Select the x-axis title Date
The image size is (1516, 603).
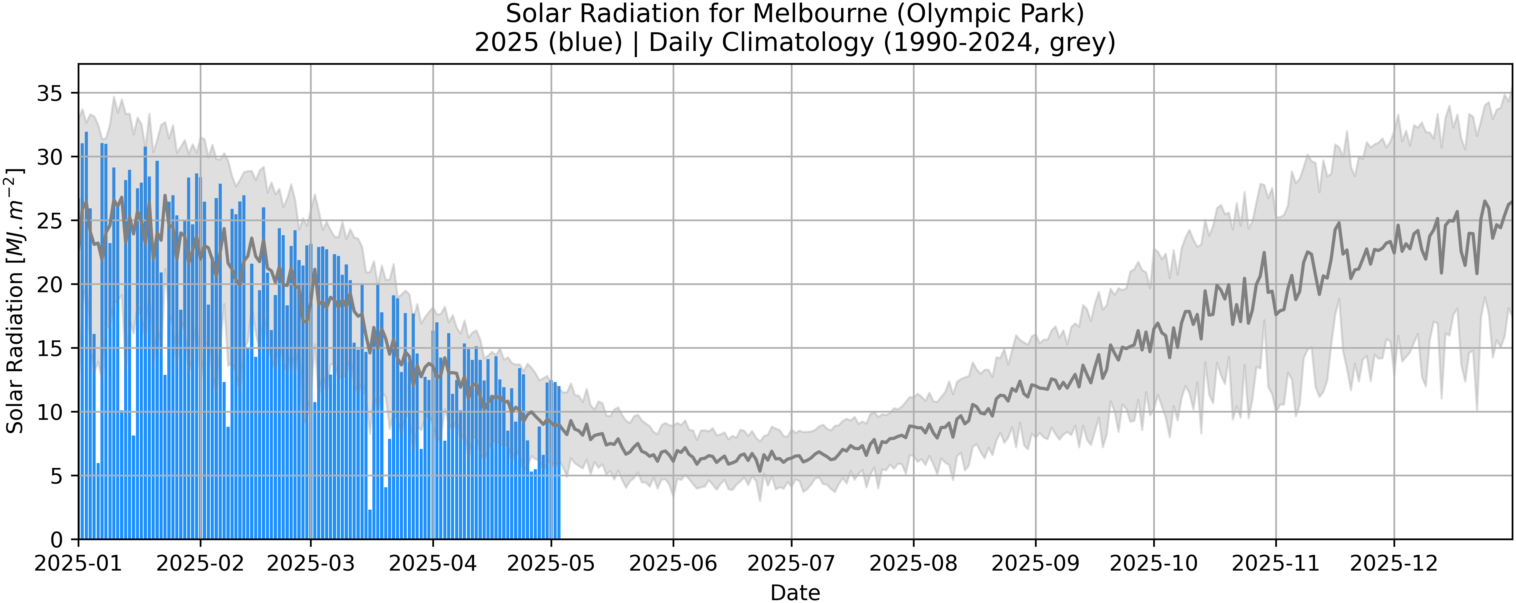click(795, 592)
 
